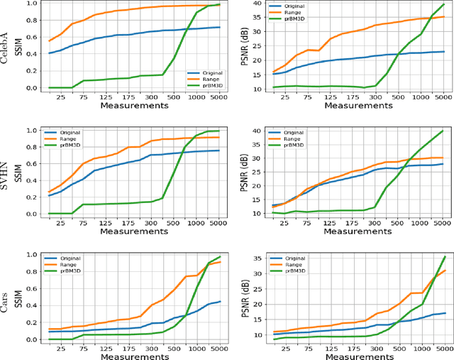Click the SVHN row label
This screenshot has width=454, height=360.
point(7,172)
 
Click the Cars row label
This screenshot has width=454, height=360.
point(7,298)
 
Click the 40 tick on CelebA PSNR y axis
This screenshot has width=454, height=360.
point(257,2)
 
